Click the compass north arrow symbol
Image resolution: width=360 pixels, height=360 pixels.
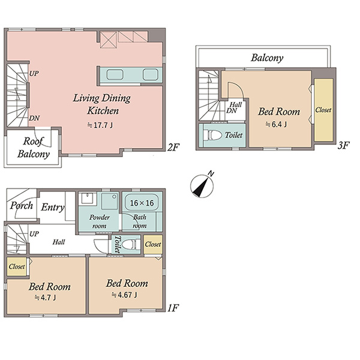202,185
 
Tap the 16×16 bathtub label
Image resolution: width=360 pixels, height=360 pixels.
142,203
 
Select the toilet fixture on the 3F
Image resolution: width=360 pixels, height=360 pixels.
212,135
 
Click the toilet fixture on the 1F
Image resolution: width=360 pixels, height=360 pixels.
131,244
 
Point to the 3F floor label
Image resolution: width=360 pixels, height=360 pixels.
343,145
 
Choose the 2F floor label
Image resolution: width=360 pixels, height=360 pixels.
173,147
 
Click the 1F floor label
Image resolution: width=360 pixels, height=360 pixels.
173,308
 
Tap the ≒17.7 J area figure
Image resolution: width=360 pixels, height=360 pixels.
100,125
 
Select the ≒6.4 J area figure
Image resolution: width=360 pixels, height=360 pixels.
276,124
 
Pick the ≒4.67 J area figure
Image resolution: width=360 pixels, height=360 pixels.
124,295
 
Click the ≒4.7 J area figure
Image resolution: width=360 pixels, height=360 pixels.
45,298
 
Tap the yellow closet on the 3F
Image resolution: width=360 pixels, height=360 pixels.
323,110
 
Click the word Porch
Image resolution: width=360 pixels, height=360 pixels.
22,205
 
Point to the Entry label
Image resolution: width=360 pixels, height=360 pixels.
53,208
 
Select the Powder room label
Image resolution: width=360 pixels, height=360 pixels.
100,221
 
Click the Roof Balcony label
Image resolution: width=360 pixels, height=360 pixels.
34,148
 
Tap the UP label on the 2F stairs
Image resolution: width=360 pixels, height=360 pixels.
34,73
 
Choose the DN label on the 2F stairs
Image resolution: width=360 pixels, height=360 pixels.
34,118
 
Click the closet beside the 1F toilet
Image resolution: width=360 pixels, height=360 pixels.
153,244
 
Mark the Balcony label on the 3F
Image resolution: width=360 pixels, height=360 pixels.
267,58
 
